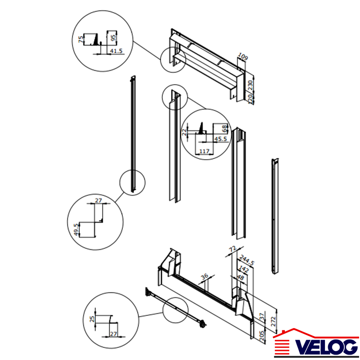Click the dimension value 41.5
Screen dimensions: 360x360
coord(117,51)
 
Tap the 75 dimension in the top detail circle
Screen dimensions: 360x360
coord(81,39)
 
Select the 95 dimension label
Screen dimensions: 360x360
coord(113,38)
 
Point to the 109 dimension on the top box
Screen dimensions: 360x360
coord(243,56)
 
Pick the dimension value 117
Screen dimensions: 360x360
coord(204,151)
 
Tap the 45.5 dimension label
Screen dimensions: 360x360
coord(220,139)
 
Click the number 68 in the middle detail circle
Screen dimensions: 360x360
coord(225,129)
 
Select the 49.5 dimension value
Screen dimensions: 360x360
coord(76,229)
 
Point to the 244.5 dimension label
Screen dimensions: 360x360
coord(247,261)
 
